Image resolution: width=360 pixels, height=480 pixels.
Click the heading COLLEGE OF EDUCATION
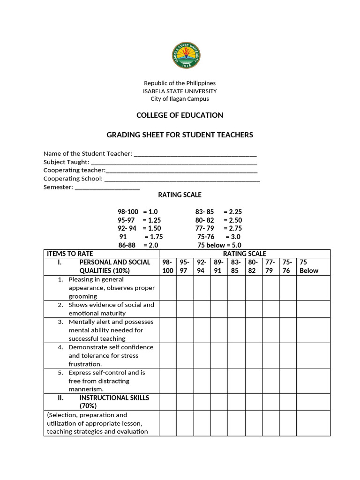pos(180,115)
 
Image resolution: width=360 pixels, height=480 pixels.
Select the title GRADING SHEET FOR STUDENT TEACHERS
pos(180,135)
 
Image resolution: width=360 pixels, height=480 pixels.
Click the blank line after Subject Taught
pos(174,162)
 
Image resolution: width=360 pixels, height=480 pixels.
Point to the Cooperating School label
pos(73,179)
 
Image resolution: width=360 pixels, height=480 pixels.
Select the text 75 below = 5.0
pos(219,245)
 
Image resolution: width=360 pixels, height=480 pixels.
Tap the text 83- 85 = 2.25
pos(218,212)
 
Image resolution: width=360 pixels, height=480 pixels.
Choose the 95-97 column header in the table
pos(185,266)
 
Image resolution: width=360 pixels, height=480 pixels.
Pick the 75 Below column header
pos(313,266)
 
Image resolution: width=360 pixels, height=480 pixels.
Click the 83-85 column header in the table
pos(236,266)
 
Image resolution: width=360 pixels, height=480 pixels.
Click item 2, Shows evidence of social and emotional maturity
pos(111,309)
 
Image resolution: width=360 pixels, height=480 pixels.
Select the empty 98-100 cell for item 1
pos(168,288)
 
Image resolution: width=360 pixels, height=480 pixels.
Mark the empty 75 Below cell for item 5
pos(313,381)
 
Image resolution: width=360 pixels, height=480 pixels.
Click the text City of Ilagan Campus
pos(180,99)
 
